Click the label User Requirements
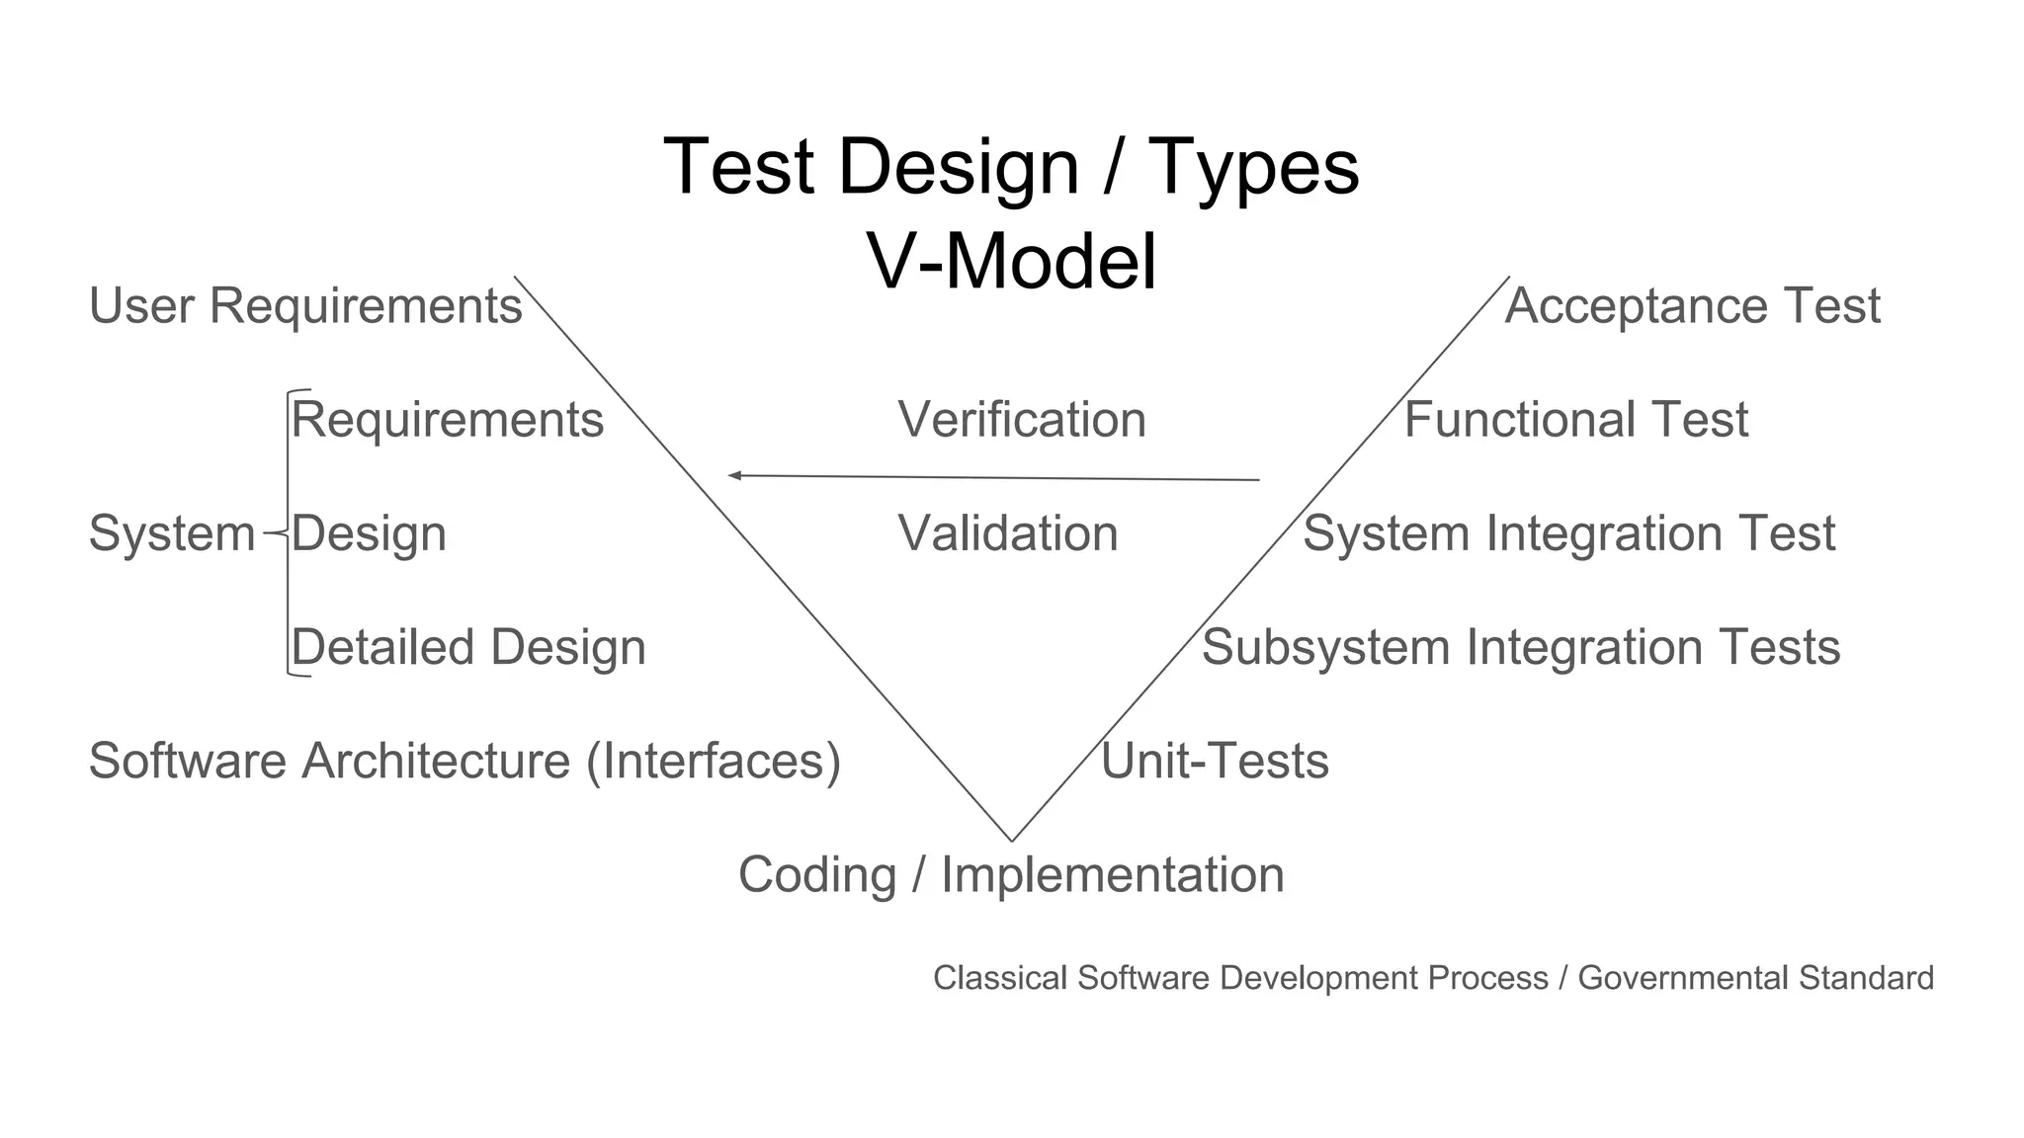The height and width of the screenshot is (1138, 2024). click(305, 305)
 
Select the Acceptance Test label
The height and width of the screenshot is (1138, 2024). click(1692, 305)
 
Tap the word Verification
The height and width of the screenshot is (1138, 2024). click(1022, 420)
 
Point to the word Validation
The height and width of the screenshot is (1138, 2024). click(1008, 533)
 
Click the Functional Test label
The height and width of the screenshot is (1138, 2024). click(1576, 420)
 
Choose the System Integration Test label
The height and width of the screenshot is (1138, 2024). click(1568, 533)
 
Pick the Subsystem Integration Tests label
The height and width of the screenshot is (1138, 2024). click(1521, 648)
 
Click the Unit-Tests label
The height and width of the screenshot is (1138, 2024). click(1215, 762)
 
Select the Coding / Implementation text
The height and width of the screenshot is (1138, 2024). click(1011, 875)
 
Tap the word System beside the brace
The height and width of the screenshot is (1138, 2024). click(172, 533)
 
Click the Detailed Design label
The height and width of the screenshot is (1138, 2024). click(468, 648)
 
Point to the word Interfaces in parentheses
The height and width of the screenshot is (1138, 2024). click(714, 762)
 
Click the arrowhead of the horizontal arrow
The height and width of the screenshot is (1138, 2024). click(734, 475)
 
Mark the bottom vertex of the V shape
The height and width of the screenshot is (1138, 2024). click(1011, 840)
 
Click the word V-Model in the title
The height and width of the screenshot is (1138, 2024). click(1012, 261)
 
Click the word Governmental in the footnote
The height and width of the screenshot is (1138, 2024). click(1683, 978)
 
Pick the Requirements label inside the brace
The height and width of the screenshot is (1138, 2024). click(447, 420)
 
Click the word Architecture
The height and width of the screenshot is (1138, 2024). click(436, 762)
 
